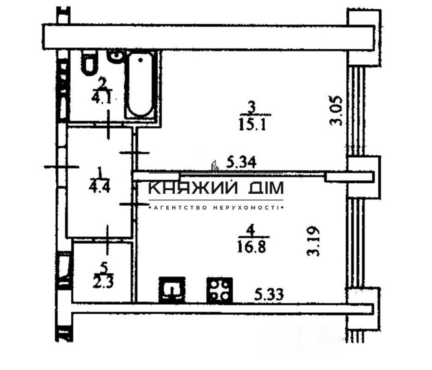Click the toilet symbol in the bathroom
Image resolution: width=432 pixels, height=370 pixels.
coord(89,63)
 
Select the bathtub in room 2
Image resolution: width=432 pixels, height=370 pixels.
coord(140,85)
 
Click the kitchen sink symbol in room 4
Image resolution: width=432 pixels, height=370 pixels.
coord(172,290)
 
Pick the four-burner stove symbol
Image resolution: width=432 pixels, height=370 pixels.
coord(220,290)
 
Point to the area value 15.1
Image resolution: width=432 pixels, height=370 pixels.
coord(252,125)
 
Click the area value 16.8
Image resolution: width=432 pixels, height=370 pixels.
coord(252,247)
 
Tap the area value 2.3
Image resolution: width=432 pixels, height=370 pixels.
coord(103,282)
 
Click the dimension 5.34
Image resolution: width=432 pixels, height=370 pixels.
coord(241,162)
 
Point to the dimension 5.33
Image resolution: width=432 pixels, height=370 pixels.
coord(269,294)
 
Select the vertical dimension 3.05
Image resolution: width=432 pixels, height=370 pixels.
coord(336,110)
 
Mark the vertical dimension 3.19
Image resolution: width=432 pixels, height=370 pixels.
coord(313,241)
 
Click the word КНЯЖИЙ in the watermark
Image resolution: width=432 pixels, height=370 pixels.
coord(193,188)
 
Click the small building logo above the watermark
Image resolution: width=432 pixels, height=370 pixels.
coord(214,166)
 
